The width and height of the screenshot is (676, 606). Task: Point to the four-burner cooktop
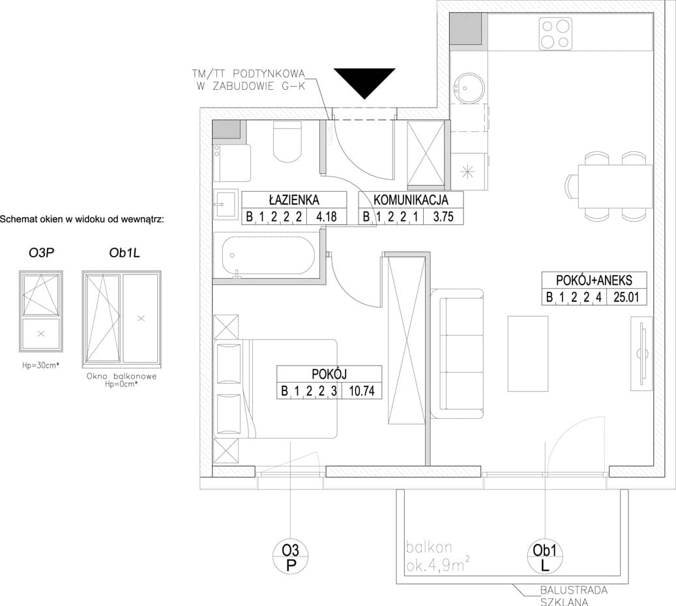tap(555, 34)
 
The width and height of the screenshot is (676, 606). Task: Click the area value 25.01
tap(626, 297)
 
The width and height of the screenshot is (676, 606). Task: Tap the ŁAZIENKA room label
tap(294, 200)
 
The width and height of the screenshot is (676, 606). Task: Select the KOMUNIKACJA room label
tap(411, 200)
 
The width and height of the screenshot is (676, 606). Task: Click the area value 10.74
tap(362, 391)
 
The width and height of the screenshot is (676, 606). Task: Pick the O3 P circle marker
tap(291, 556)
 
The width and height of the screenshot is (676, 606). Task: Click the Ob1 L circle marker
tap(545, 556)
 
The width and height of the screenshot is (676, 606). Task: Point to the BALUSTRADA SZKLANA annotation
tap(574, 596)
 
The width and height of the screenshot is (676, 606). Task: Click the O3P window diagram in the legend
tap(41, 311)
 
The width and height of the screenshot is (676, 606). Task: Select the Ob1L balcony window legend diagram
tap(122, 319)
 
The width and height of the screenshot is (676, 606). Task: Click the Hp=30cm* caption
tap(40, 366)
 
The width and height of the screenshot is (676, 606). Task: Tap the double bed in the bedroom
tap(275, 389)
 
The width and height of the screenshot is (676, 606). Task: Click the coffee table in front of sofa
tap(527, 353)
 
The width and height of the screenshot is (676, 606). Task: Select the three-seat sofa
tap(456, 353)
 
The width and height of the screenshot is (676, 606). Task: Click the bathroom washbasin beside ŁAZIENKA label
tap(226, 205)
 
